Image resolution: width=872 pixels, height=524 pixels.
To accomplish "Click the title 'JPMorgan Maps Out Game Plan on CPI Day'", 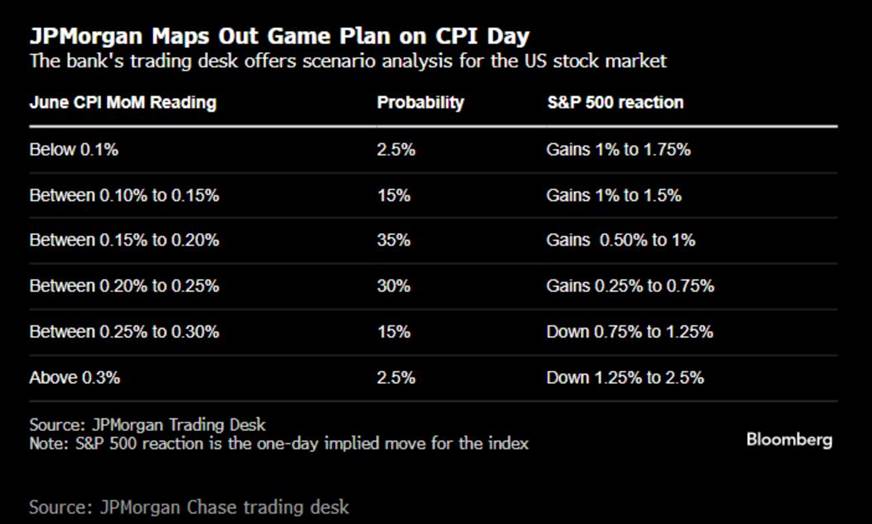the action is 279,37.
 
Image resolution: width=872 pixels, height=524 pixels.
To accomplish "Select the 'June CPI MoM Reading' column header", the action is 123,102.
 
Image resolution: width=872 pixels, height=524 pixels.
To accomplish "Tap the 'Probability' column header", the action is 420,102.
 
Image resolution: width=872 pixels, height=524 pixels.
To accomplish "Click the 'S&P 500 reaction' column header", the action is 615,102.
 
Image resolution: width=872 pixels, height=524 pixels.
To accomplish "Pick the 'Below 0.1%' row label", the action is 74,150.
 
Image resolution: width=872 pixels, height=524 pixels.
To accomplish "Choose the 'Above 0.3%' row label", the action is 75,378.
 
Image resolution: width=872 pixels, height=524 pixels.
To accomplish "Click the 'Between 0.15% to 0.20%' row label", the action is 124,240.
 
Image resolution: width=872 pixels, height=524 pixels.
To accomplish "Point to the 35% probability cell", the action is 394,240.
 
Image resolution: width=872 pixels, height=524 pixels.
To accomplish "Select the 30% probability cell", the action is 394,286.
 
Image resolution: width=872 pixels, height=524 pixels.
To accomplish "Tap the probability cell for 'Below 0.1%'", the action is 396,150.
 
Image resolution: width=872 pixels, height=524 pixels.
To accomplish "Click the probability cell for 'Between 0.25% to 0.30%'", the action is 394,332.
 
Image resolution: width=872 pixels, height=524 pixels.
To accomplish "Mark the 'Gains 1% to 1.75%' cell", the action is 618,150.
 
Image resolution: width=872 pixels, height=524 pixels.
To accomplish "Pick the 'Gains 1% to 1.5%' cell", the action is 614,195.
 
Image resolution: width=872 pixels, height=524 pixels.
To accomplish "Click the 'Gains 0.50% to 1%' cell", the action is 621,240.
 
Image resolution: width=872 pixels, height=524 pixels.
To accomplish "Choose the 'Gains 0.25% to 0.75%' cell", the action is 630,286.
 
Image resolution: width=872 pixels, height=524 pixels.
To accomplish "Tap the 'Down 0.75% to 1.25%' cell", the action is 630,332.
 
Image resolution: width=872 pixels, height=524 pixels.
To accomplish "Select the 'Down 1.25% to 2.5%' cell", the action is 625,378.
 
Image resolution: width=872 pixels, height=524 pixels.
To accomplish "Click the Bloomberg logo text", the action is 789,440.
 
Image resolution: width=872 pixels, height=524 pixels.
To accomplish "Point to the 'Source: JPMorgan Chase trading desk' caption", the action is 189,507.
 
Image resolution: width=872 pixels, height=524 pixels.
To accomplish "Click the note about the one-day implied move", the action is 279,444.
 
